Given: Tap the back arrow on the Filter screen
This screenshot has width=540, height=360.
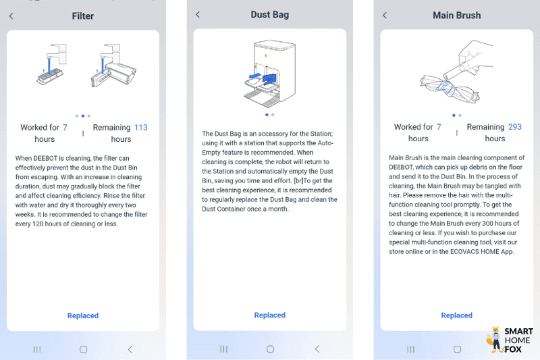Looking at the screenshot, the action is tap(11, 16).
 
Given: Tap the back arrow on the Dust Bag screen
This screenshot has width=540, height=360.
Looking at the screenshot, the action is tap(198, 14).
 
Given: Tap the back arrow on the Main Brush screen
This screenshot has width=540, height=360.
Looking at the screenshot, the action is tap(385, 15).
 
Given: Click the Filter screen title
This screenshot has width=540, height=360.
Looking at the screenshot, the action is tap(82, 16).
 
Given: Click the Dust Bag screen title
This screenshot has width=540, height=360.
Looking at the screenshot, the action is tap(269, 15).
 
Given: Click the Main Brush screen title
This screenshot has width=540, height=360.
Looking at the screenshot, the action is tap(457, 16).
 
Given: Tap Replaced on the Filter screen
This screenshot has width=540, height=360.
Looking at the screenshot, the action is tap(83, 315).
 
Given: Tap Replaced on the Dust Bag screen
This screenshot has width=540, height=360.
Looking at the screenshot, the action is tap(269, 315).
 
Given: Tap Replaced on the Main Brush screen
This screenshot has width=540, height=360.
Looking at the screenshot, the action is tap(457, 315).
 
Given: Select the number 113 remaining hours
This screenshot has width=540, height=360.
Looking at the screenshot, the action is tap(141, 128).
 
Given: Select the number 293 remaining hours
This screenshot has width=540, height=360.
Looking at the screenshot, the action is tap(515, 127).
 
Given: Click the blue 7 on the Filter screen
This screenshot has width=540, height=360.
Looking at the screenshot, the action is tap(65, 128).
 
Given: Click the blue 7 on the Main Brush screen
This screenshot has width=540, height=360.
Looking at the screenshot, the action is tap(439, 127).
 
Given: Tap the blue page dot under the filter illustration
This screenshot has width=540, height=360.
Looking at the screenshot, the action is tap(83, 115).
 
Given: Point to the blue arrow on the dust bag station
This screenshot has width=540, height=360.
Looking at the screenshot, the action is tap(255, 76).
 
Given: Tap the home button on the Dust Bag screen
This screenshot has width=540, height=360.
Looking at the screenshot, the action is tap(271, 349).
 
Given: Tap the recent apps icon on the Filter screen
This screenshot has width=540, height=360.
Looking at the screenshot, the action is tap(37, 349).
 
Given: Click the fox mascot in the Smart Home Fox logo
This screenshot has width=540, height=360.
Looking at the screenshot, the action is tap(495, 339).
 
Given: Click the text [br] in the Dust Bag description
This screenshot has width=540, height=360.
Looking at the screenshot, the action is tap(298, 180).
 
